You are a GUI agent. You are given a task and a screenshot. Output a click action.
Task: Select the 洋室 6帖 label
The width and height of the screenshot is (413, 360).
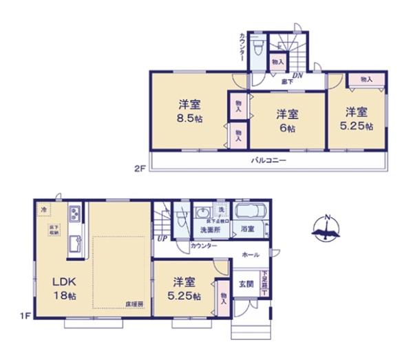(287, 120)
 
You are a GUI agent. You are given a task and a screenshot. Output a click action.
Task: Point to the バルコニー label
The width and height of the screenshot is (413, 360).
(267, 160)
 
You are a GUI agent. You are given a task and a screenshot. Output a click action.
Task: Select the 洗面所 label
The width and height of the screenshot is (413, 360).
(209, 229)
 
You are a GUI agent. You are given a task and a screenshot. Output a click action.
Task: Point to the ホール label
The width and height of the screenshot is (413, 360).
(250, 255)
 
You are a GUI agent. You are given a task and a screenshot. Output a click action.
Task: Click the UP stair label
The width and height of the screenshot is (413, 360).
(162, 238)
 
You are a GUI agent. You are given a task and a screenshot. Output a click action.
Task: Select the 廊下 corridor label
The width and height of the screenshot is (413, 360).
(286, 82)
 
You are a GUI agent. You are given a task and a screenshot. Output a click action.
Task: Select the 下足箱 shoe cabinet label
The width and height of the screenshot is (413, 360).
(264, 282)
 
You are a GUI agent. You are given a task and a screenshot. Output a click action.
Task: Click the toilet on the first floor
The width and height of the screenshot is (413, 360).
(182, 218)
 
